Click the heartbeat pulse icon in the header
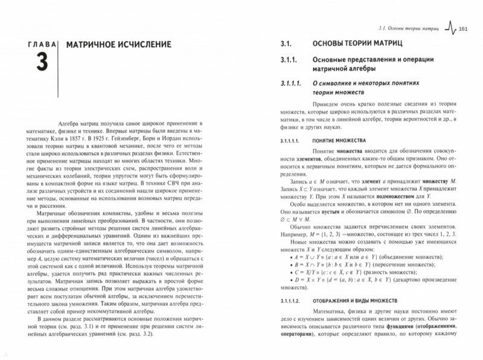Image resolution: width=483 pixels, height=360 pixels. point(450,28)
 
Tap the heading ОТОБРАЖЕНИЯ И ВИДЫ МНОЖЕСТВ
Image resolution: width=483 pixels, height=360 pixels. point(369,300)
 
